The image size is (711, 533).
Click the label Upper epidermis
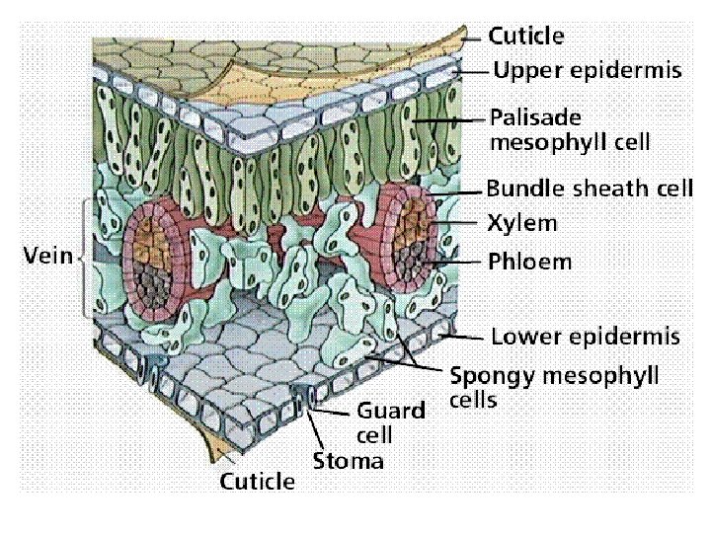587,71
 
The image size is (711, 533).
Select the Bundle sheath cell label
590,189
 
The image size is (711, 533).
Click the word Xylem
522,223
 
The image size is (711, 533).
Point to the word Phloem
529,263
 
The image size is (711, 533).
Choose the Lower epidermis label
586,337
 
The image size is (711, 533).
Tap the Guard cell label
390,421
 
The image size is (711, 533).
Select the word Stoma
348,460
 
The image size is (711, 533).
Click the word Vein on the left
48,256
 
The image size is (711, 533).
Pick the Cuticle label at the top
527,37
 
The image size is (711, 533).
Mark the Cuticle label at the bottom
257,482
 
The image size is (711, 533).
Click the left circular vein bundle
163,259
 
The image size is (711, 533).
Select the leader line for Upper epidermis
474,72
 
